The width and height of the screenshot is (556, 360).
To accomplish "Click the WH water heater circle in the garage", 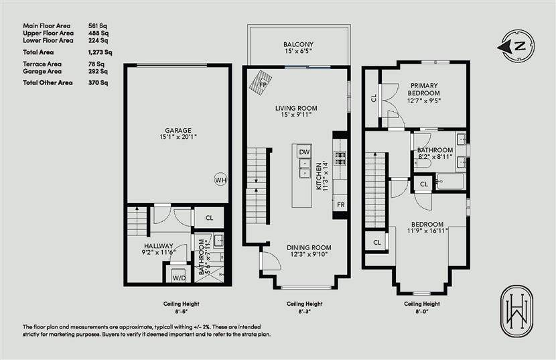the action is pos(220,180).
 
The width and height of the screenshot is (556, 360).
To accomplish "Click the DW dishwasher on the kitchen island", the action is pos(304,152).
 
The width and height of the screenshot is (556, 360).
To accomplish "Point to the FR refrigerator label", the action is pos(341,205).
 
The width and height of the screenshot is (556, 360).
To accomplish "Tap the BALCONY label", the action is pos(298,44).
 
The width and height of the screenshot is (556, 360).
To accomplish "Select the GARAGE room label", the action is pos(178,130).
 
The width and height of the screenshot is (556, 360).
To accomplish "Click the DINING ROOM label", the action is pos(309,247).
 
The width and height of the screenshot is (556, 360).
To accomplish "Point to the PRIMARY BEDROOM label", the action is pos(424,89).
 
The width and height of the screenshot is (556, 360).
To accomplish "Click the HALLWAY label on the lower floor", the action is pos(159,245).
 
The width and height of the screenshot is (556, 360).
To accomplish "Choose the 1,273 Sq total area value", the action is pos(100,52).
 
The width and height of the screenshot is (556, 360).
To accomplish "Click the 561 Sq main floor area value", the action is pos(98,25).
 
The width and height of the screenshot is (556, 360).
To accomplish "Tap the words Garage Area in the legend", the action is pos(42,71).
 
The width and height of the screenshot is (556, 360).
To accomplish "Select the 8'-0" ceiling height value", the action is pos(422,311).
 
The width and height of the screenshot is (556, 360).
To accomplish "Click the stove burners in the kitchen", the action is pos(340,158).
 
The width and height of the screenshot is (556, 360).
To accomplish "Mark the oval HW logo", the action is pos(516,311).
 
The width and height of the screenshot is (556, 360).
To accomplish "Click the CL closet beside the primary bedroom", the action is pos(373,98).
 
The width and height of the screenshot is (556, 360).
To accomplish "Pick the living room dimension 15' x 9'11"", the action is pos(295,115).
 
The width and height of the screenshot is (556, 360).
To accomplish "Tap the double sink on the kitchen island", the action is pos(304,168).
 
